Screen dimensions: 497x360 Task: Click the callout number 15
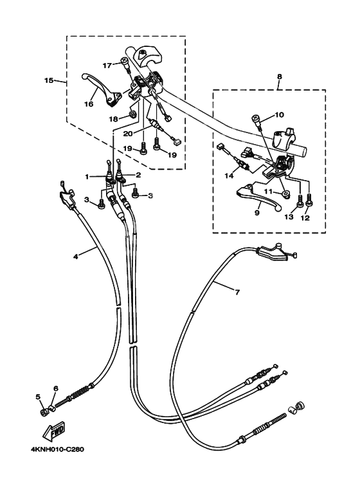click(x=48, y=81)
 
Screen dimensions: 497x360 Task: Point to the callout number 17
click(x=107, y=65)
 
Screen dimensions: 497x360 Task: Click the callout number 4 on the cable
click(x=76, y=256)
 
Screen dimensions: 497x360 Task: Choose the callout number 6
click(x=56, y=389)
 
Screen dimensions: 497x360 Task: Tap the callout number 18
click(x=113, y=118)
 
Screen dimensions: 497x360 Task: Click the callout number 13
click(x=289, y=218)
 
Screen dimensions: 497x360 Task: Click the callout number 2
click(x=137, y=175)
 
